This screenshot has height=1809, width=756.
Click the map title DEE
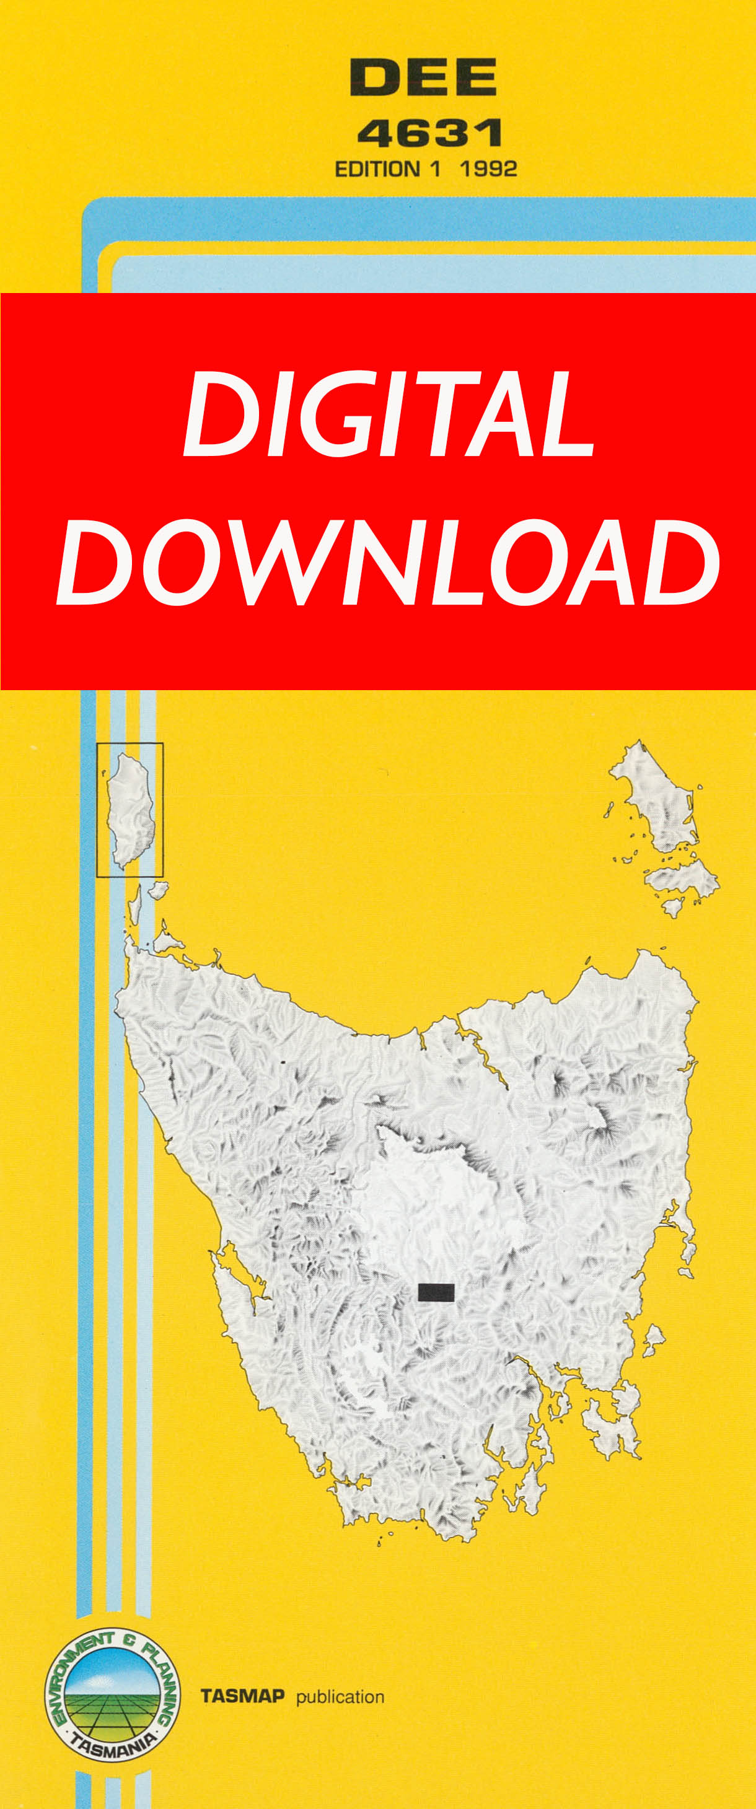423,77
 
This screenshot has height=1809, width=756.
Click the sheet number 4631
429,133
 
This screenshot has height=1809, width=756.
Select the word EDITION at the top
377,169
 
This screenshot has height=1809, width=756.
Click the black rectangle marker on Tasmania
436,1292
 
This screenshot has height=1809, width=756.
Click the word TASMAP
242,1696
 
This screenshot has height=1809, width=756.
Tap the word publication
340,1697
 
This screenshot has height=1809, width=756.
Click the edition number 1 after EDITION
436,169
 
